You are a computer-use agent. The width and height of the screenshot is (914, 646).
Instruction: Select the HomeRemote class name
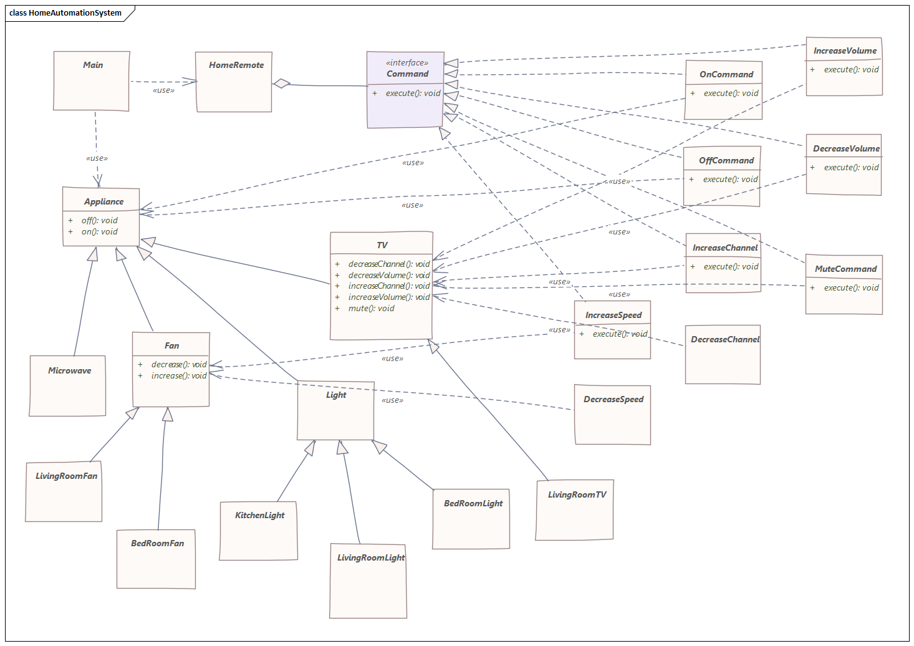(x=236, y=65)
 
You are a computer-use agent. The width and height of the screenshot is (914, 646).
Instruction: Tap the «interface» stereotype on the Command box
(x=406, y=62)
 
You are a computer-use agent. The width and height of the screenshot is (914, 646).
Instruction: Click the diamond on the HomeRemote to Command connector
(x=282, y=83)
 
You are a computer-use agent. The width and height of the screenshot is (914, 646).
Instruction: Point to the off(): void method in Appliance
(x=99, y=220)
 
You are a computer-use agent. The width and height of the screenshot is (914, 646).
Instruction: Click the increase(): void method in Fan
(x=178, y=375)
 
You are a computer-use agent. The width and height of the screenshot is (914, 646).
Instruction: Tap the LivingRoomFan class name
(x=66, y=476)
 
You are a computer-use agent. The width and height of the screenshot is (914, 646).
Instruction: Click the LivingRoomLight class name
(x=370, y=557)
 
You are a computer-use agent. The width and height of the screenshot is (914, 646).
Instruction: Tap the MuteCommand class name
(x=845, y=269)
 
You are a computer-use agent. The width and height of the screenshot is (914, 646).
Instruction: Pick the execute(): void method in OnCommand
(x=731, y=93)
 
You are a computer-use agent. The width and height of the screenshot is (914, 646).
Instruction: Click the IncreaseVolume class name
(x=845, y=51)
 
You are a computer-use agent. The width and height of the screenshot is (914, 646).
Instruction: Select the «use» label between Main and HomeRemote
(x=163, y=90)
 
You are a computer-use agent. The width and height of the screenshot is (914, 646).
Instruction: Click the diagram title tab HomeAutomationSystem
(x=65, y=12)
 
